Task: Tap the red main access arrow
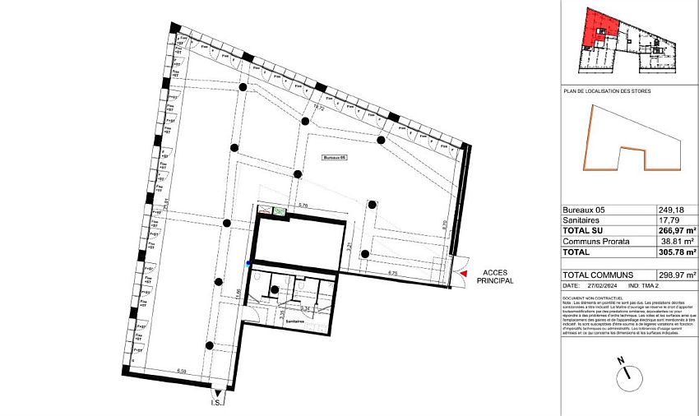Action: tap(465, 272)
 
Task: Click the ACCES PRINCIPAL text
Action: tap(497, 276)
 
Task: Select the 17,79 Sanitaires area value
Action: tap(669, 220)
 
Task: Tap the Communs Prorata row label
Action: tap(595, 242)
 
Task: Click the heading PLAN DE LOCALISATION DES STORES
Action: tap(606, 91)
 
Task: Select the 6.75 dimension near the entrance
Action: tap(393, 273)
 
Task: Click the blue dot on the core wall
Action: tap(248, 264)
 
